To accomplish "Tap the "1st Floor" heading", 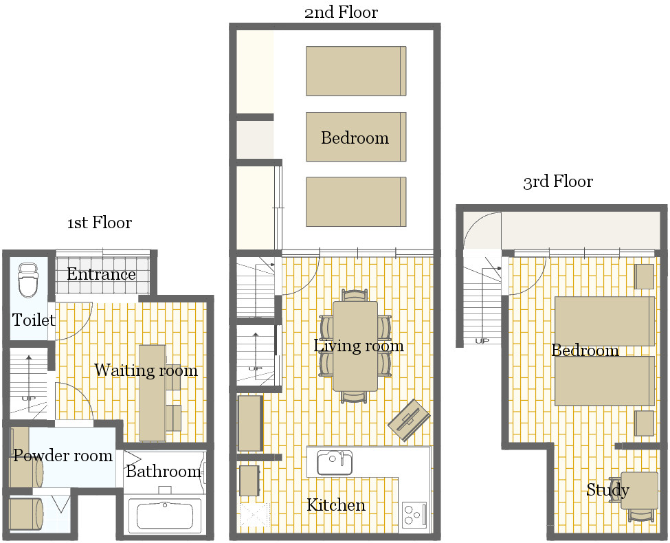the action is tap(100, 223).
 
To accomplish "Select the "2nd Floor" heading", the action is tap(341, 12).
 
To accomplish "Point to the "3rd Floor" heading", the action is tap(558, 181).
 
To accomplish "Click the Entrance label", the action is tap(101, 274).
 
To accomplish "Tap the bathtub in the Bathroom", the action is tap(164, 516).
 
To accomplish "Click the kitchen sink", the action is tap(335, 463).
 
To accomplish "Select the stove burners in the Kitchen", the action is tap(414, 515).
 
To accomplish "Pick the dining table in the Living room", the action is tap(355, 346).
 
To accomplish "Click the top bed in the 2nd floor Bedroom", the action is tap(356, 71).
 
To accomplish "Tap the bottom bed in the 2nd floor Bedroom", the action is tap(356, 202).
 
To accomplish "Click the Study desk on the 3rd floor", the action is tap(639, 490).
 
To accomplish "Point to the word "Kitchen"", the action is tap(336, 505).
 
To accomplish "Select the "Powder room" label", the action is tap(63, 455).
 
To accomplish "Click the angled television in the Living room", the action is tap(409, 420).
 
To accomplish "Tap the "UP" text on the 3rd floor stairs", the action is tap(482, 341).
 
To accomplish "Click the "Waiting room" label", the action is tap(146, 370).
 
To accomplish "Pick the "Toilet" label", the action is tap(34, 320).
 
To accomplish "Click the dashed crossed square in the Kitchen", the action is tap(254, 516).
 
